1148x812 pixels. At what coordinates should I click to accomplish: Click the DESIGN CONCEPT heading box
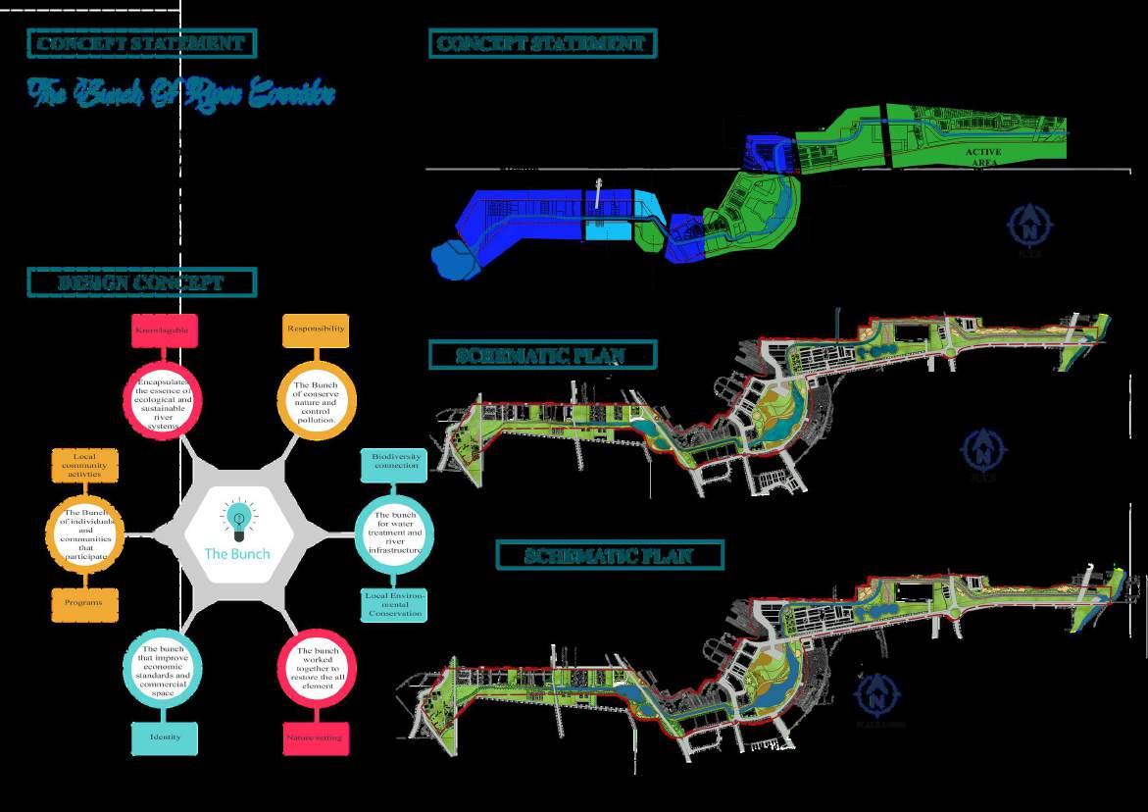142,282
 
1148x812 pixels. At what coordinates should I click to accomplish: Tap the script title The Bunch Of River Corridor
182,94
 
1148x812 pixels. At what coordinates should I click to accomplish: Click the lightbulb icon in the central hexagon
236,521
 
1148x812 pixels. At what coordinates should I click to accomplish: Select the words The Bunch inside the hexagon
236,553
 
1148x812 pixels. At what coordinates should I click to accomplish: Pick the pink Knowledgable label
165,330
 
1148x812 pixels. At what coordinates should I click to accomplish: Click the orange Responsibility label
316,330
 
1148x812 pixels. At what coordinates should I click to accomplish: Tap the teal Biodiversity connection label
396,461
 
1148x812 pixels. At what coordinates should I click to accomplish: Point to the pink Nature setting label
316,737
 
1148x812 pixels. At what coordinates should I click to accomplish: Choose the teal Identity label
165,737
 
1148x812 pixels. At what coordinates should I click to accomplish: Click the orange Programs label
84,603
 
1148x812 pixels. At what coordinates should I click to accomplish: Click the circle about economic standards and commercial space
165,669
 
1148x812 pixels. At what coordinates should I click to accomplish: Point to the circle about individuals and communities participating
86,533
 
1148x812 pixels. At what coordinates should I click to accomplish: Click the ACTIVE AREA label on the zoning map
982,157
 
